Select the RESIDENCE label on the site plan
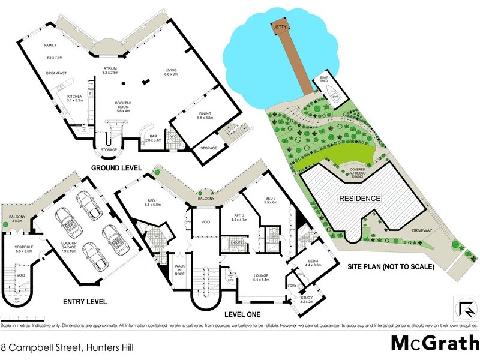click(x=360, y=198)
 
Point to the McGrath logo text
click(x=432, y=343)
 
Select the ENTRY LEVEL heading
click(x=85, y=301)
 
